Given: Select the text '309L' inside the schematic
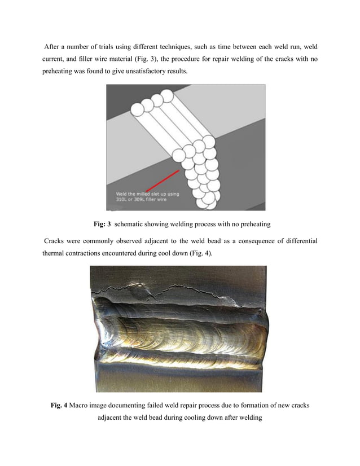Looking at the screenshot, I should coord(143,200).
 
